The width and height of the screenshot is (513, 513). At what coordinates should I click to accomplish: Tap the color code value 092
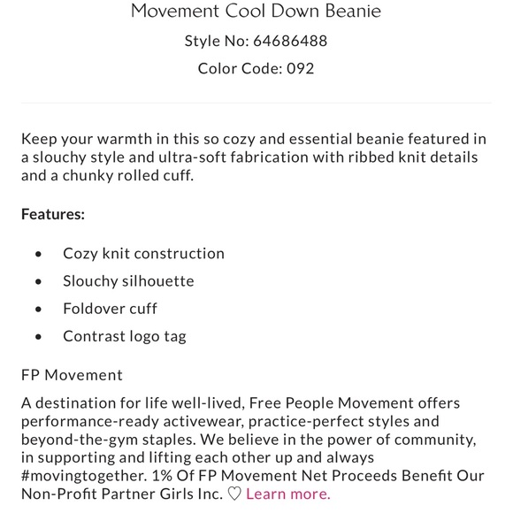(300, 68)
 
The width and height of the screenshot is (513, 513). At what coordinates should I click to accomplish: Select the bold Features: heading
(53, 214)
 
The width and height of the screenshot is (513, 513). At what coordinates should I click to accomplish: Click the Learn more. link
(288, 494)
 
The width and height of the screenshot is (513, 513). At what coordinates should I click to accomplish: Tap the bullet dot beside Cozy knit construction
(38, 254)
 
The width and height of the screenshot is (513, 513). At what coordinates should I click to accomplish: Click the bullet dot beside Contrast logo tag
(38, 337)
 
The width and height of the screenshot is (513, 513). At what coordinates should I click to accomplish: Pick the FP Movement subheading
(72, 375)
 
